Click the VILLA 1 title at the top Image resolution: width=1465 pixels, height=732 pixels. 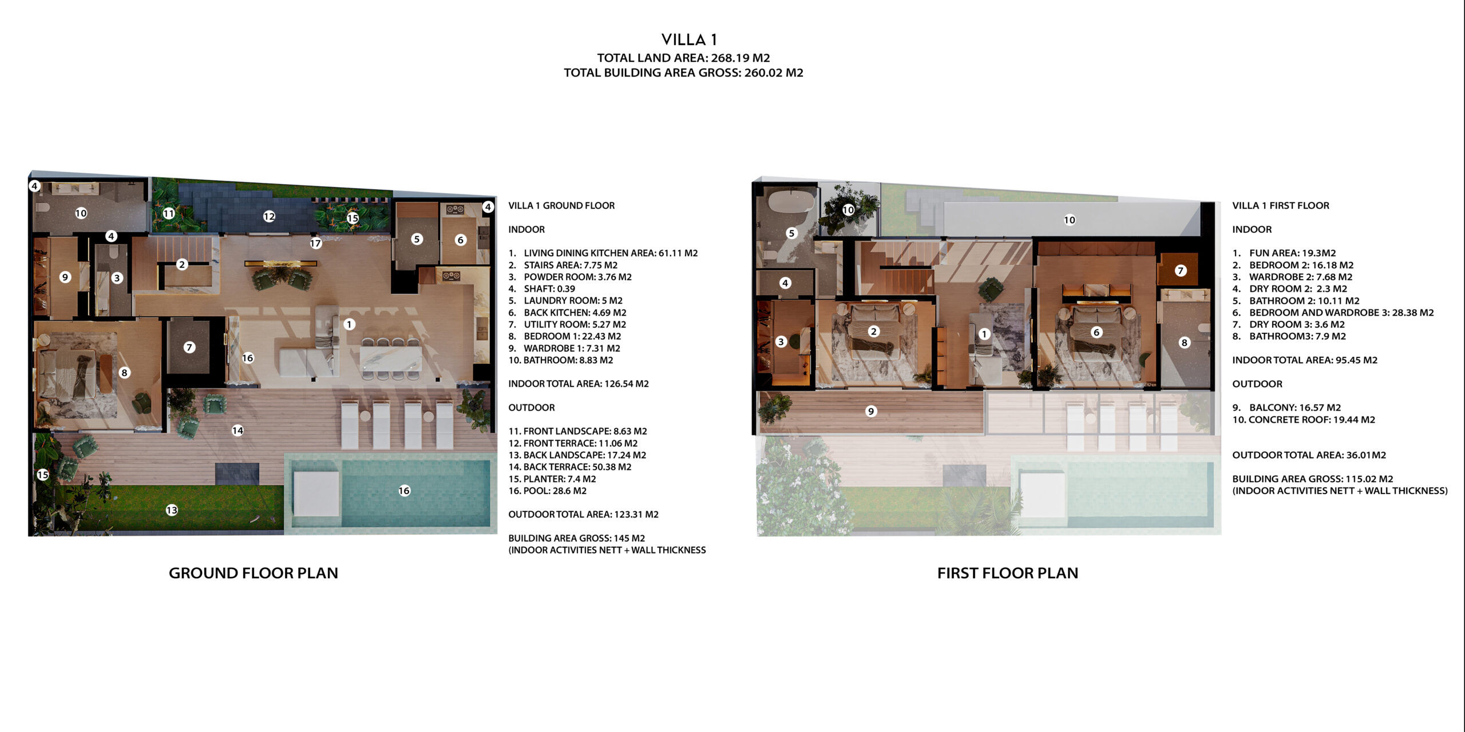pyautogui.click(x=689, y=39)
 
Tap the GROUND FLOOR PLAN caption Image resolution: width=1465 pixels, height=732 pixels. pyautogui.click(x=254, y=573)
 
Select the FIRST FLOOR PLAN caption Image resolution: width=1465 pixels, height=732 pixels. pyautogui.click(x=1008, y=573)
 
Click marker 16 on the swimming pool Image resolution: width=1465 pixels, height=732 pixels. pyautogui.click(x=405, y=491)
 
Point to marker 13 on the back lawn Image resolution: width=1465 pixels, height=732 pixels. pyautogui.click(x=172, y=510)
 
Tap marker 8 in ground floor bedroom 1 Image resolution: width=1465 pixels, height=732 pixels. pyautogui.click(x=124, y=373)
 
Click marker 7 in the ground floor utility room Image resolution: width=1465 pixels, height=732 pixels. pyautogui.click(x=189, y=347)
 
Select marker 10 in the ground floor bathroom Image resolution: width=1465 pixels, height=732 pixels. pyautogui.click(x=81, y=213)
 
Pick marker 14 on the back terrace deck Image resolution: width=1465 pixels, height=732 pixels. pyautogui.click(x=237, y=431)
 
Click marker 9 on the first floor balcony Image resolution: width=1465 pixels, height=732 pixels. pyautogui.click(x=871, y=411)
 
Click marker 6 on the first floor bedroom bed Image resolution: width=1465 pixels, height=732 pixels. pyautogui.click(x=1096, y=332)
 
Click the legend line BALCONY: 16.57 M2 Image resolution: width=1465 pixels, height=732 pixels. pyautogui.click(x=1286, y=408)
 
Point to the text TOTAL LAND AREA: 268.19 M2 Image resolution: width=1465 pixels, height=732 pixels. pyautogui.click(x=683, y=58)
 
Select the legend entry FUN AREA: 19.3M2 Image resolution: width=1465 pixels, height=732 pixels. pyautogui.click(x=1284, y=253)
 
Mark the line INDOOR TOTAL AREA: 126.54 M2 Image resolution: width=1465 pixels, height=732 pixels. pyautogui.click(x=579, y=384)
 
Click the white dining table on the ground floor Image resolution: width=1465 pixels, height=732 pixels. pyautogui.click(x=391, y=359)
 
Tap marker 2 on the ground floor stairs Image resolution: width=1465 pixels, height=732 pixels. pyautogui.click(x=182, y=264)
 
